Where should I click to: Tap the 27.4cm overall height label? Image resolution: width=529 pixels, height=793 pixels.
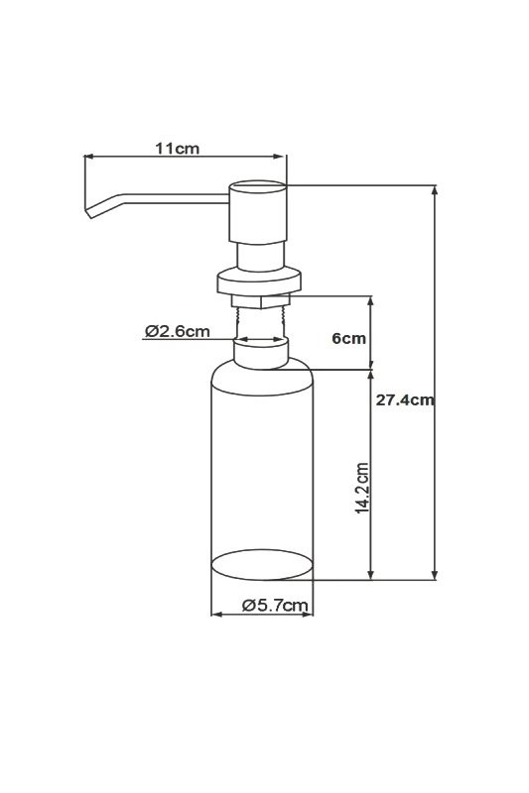pyautogui.click(x=406, y=399)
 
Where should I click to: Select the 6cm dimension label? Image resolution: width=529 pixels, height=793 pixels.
pyautogui.click(x=348, y=338)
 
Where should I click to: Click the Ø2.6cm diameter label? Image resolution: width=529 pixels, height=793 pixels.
pyautogui.click(x=177, y=331)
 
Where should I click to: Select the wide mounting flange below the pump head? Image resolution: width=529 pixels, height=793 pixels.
pyautogui.click(x=260, y=281)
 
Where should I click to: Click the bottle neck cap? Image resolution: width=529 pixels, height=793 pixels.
pyautogui.click(x=260, y=352)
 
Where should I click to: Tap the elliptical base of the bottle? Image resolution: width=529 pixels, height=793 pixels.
pyautogui.click(x=262, y=565)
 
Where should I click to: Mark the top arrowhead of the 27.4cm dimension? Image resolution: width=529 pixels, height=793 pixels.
pyautogui.click(x=435, y=189)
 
